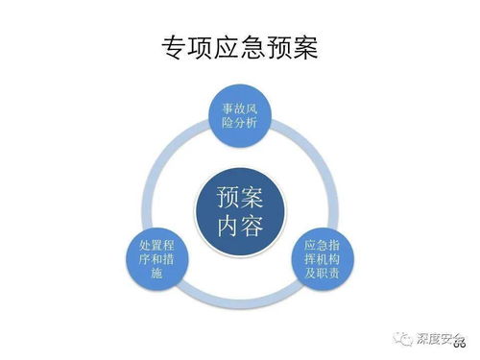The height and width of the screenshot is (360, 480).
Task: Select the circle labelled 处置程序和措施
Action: click(x=158, y=259)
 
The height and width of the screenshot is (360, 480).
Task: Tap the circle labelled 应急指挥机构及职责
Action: click(x=321, y=259)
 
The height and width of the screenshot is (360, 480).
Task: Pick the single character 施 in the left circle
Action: click(x=158, y=276)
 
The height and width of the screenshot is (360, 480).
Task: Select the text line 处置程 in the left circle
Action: click(x=158, y=244)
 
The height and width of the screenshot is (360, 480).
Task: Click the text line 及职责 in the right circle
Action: click(x=321, y=275)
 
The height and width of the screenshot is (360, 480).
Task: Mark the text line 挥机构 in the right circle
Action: click(x=321, y=259)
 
